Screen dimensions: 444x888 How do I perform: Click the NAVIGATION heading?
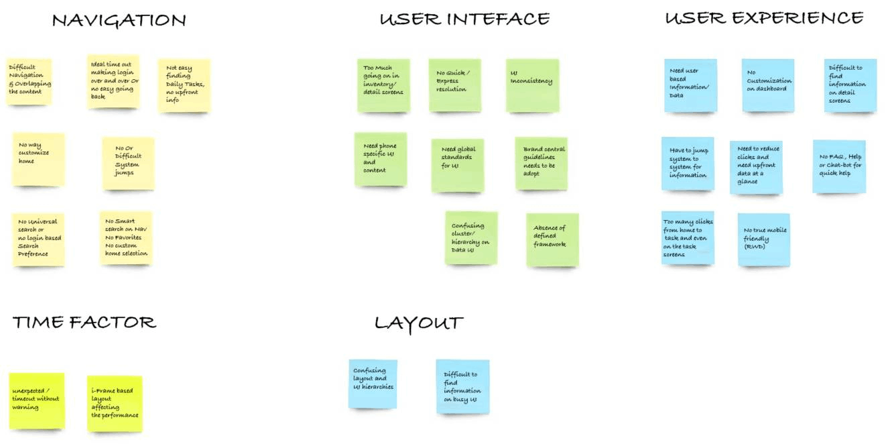119,21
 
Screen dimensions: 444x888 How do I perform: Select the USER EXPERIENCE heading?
764,18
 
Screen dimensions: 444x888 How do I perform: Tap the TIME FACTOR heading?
84,323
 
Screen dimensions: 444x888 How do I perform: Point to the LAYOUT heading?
418,323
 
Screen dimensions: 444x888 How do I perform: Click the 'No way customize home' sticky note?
39,159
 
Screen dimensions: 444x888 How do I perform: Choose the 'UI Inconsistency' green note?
532,85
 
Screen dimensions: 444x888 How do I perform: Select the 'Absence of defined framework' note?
552,239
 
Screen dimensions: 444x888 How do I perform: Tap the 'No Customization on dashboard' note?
768,85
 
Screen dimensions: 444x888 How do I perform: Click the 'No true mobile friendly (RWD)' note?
764,239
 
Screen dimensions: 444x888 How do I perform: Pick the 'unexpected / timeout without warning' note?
37,400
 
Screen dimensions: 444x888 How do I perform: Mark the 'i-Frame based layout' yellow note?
115,402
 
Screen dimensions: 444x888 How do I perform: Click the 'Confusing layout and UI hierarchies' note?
373,384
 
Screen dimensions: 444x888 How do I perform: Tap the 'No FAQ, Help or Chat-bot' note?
839,166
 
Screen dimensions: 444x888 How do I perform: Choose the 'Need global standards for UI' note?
458,164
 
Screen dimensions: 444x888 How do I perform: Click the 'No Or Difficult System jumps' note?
128,163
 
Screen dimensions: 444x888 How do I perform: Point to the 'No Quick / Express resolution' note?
455,85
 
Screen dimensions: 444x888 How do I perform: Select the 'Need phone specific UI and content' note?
380,158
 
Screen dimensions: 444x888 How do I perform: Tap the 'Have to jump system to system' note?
688,164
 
